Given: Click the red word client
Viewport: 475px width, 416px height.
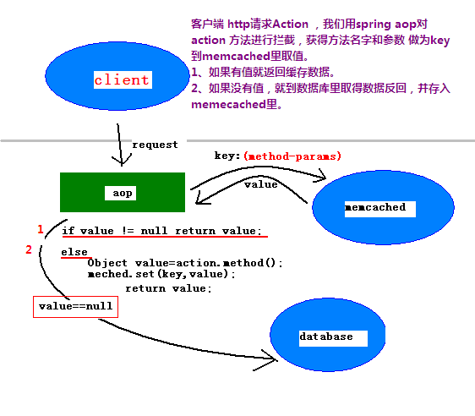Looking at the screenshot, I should [x=122, y=80].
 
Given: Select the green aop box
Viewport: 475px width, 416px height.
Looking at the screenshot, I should [x=122, y=192].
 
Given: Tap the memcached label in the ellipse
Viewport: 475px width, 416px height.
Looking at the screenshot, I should [x=375, y=207].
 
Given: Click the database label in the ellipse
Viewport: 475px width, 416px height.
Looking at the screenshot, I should [x=326, y=337].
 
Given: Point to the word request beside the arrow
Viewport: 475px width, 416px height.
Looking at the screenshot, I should [x=155, y=145].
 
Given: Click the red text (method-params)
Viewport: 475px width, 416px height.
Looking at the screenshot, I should [x=292, y=156].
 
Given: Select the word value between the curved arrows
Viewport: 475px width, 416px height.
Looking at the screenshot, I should [x=260, y=183].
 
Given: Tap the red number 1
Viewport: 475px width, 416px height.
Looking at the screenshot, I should [x=40, y=229].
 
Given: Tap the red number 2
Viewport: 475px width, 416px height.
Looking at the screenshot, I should [x=30, y=249].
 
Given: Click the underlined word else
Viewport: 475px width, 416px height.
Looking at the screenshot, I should [x=74, y=252].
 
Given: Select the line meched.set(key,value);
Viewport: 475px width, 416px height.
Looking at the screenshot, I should [x=161, y=274].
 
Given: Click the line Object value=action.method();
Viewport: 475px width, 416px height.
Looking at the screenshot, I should [x=184, y=262].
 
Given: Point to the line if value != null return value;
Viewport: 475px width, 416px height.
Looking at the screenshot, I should [x=161, y=231].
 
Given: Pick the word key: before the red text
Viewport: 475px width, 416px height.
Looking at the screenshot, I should [x=227, y=156].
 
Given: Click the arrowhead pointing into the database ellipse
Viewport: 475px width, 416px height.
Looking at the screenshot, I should [x=272, y=359].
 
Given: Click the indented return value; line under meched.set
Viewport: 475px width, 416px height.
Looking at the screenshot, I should [x=168, y=288].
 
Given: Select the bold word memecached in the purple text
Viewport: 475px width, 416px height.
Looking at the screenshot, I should [x=228, y=107].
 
